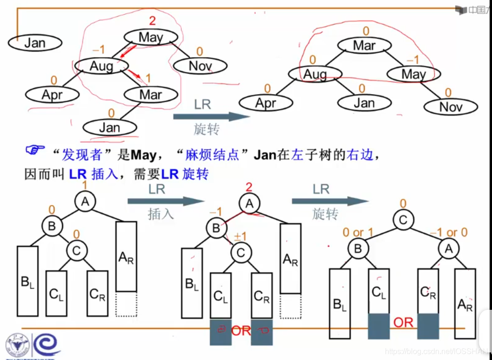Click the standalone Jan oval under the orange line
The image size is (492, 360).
coord(35,43)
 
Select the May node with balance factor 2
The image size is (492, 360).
coord(151,37)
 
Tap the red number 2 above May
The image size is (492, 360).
coord(152,21)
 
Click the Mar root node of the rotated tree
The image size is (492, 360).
coord(364,46)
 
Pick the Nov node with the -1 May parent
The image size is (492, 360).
coord(450,107)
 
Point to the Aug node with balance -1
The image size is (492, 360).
coord(101,66)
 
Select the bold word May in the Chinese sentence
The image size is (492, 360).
coord(143,155)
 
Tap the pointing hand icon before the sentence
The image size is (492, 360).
coord(35,151)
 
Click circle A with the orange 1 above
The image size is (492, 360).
coord(85,202)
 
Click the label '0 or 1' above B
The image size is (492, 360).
coord(358,233)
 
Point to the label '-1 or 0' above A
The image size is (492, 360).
coord(448,233)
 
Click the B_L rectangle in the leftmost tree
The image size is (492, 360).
coord(27,281)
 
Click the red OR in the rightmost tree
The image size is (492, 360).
coord(403,323)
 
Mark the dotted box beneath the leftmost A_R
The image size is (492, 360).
coord(126,304)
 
